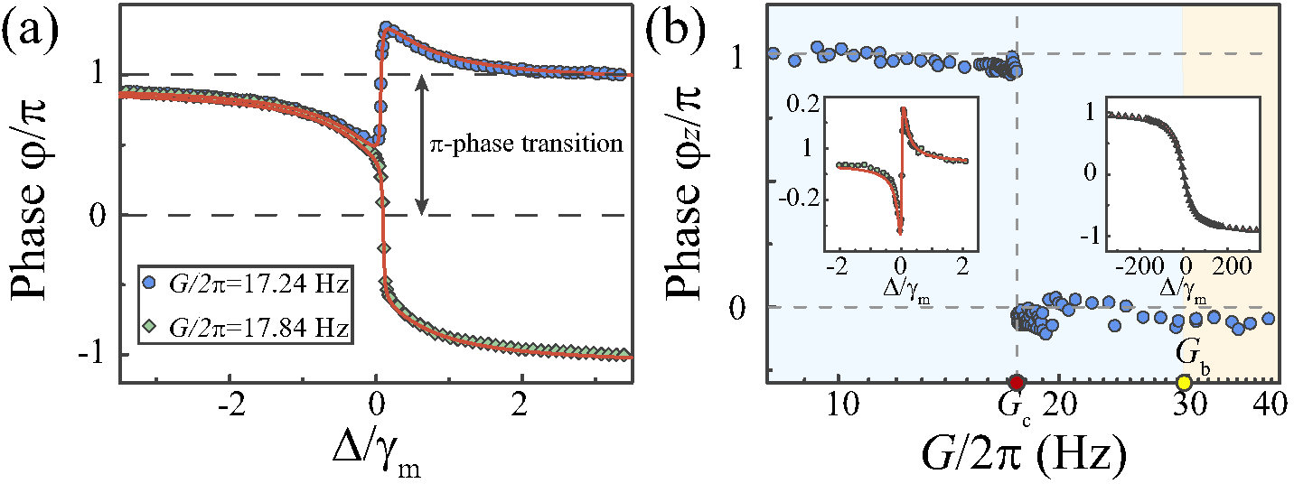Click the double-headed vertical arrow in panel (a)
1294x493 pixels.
coord(421,144)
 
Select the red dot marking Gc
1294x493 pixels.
coord(1017,382)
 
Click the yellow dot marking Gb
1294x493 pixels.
coord(1185,382)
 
